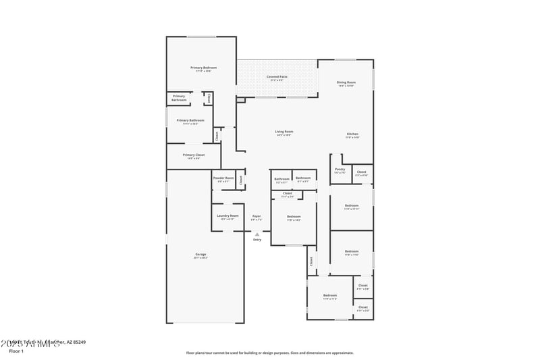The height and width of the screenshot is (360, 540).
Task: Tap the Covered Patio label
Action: coord(277,77)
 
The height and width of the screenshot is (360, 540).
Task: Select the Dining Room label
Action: coord(346,82)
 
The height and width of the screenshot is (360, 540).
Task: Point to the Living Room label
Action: coord(283,132)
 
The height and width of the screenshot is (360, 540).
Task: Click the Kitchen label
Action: coord(352,134)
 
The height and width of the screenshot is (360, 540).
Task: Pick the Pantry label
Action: coord(340,170)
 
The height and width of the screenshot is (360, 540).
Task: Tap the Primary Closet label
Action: coord(194,155)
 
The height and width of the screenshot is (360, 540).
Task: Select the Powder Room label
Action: coord(224,178)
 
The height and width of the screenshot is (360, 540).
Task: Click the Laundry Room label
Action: coord(226,216)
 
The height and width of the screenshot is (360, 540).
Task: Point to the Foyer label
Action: coord(256,216)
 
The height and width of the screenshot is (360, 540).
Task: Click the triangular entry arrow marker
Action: coord(256,234)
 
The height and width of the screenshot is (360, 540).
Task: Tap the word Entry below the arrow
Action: coord(257,240)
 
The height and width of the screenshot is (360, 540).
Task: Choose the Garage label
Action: coord(201,254)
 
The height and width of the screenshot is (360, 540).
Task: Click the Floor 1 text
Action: coord(16,351)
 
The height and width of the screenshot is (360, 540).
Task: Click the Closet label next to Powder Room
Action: coord(241,180)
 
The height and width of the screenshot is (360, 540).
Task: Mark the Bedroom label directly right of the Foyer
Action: coord(294,216)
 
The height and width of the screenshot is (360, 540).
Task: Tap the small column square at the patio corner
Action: coord(240,100)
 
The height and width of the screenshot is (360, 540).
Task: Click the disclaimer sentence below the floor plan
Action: coord(270,353)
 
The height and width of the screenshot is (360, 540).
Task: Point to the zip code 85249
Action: coord(78,342)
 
